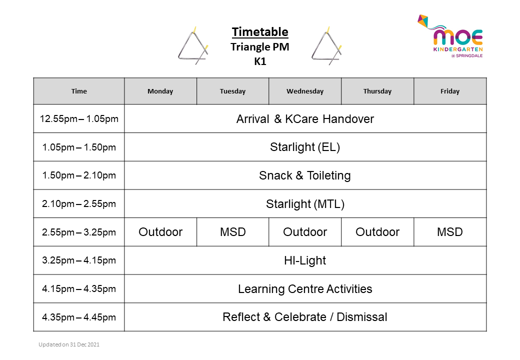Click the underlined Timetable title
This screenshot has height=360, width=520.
point(260,32)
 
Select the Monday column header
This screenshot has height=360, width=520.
point(160,91)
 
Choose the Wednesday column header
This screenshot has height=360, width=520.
point(305,91)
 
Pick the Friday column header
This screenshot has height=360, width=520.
point(450,91)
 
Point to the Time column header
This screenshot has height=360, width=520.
point(79,91)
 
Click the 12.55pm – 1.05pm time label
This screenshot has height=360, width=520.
point(79,119)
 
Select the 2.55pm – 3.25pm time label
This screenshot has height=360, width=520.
point(79,232)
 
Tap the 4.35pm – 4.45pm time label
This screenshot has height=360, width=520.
point(79,317)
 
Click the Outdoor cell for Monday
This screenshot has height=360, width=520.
point(160,232)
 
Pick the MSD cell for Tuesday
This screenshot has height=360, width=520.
point(233,232)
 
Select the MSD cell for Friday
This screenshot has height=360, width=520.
point(450,232)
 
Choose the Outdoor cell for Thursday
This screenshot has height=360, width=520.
point(377,232)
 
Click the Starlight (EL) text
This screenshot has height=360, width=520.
point(305,147)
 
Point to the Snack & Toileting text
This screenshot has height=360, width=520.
point(305,175)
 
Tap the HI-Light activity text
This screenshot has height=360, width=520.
point(305,260)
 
